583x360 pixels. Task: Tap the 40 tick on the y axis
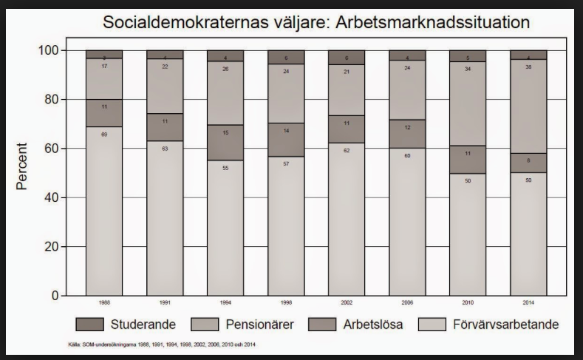tap(52, 197)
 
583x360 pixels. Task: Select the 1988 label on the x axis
tap(104, 303)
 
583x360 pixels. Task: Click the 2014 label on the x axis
tap(528, 303)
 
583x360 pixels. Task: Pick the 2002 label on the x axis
tap(347, 303)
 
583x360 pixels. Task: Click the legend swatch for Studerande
tap(89, 324)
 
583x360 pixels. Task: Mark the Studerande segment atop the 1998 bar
tap(286, 57)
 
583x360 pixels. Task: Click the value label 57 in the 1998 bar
tap(286, 163)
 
